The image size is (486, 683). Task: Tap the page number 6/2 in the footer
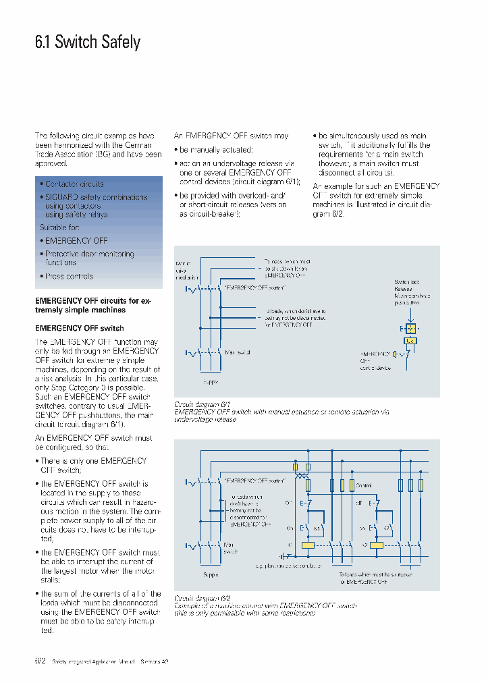[40, 661]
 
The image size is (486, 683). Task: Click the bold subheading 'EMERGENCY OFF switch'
[79, 328]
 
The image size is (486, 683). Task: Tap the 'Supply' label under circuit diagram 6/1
[211, 381]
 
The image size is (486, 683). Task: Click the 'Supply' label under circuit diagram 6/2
[211, 575]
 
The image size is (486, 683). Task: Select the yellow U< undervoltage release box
[410, 341]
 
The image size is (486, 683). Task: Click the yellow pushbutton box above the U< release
[410, 328]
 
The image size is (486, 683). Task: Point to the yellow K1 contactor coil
[308, 545]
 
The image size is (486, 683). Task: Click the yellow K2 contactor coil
[377, 545]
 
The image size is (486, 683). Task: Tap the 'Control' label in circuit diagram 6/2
[363, 485]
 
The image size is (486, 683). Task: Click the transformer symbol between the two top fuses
[302, 476]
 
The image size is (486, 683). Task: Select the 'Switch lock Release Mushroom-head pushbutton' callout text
[412, 292]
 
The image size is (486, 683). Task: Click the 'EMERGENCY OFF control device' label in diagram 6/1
[377, 360]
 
